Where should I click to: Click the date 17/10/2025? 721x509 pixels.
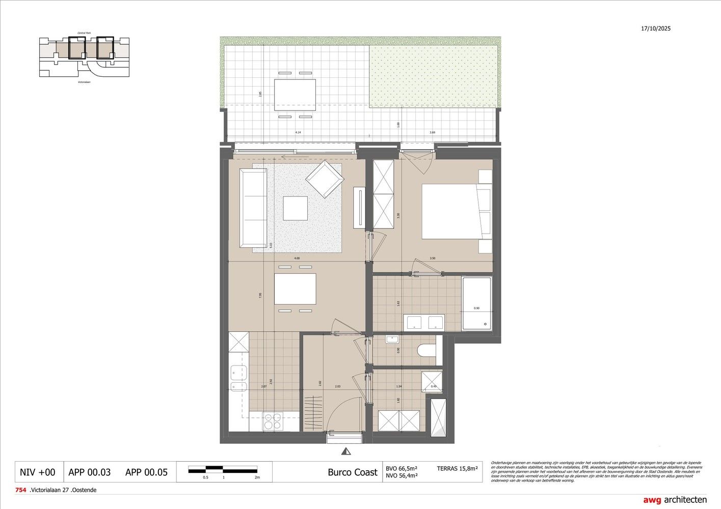pyautogui.click(x=656, y=29)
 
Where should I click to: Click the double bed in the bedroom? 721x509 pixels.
pyautogui.click(x=451, y=211)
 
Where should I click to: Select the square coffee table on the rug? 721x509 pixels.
pyautogui.click(x=296, y=208)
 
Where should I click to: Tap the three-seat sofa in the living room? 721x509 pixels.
pyautogui.click(x=253, y=207)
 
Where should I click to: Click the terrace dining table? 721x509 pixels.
pyautogui.click(x=295, y=95)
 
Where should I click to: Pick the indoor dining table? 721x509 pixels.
pyautogui.click(x=295, y=289)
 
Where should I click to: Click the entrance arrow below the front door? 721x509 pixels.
pyautogui.click(x=346, y=451)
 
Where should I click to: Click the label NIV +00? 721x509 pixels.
pyautogui.click(x=37, y=472)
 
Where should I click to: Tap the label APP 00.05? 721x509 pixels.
pyautogui.click(x=146, y=472)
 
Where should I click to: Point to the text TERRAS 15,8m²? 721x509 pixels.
pyautogui.click(x=457, y=468)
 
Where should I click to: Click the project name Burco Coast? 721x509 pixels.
pyautogui.click(x=352, y=472)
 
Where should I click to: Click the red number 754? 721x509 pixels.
pyautogui.click(x=21, y=490)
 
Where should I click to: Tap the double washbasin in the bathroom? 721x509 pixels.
pyautogui.click(x=424, y=322)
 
